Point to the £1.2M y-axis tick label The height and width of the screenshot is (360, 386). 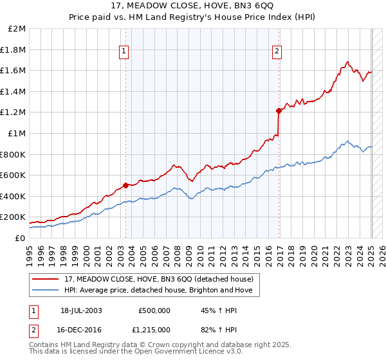[14, 113]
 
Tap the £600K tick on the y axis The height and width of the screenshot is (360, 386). [14, 175]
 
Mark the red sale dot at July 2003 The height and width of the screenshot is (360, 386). [125, 185]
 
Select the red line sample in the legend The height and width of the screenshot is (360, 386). [46, 279]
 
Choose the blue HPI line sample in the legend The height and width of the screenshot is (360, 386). [46, 291]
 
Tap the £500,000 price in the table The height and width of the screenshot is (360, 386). [154, 310]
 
